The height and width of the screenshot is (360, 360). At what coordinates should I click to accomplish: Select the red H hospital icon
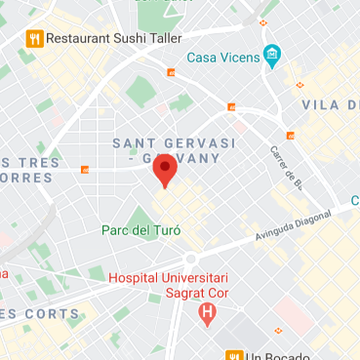click(x=206, y=313)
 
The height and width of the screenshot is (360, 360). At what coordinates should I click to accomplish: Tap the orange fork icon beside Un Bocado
click(x=234, y=355)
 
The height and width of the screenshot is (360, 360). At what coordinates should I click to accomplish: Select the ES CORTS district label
click(x=40, y=313)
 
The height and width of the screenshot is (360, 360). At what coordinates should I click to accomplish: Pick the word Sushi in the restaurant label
click(x=138, y=39)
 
